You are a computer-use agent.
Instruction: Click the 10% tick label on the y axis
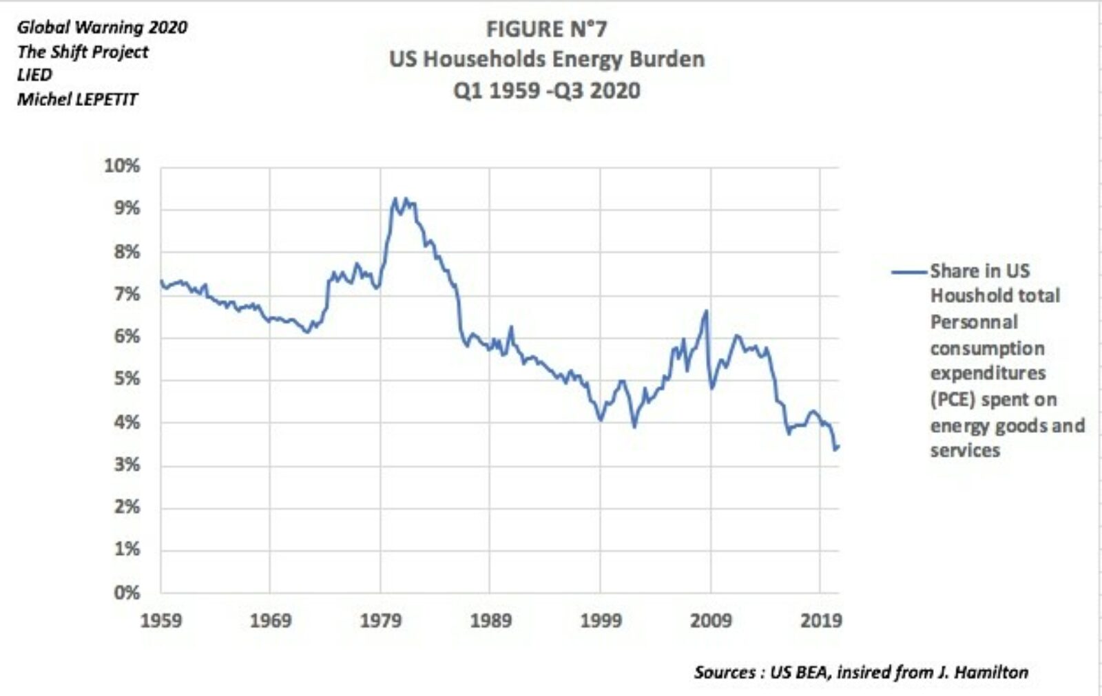[x=122, y=166]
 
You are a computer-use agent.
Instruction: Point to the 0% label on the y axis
[x=127, y=592]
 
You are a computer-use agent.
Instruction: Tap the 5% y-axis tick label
[x=127, y=379]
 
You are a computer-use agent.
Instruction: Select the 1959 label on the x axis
[x=161, y=621]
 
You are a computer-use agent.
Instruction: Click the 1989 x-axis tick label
[x=490, y=621]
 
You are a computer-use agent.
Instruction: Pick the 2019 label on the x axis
[x=821, y=621]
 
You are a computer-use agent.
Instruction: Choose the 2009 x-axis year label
[x=711, y=621]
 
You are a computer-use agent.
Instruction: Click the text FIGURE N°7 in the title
[x=546, y=30]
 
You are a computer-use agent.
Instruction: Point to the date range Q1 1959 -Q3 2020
[x=546, y=90]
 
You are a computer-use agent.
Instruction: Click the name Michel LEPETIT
[x=77, y=99]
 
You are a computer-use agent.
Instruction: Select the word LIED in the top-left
[x=34, y=75]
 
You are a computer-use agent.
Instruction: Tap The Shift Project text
[x=83, y=52]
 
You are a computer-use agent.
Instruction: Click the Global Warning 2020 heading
[x=102, y=28]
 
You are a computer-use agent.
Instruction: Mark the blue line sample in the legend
[x=908, y=272]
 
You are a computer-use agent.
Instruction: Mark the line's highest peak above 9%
[x=395, y=198]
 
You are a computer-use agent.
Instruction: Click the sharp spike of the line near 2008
[x=706, y=311]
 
